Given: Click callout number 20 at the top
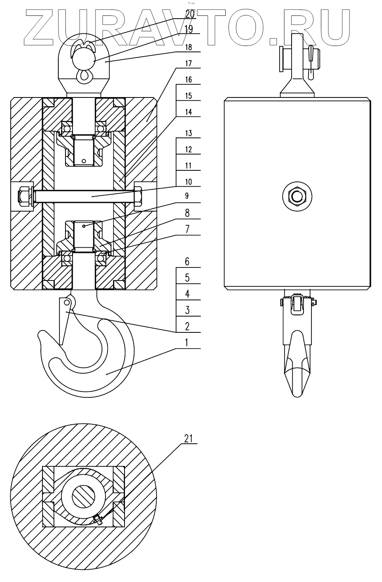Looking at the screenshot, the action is pos(190,14).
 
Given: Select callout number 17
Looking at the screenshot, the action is pos(188,63).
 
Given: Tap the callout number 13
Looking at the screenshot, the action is pos(188,133).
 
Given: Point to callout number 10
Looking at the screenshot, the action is pos(188,182).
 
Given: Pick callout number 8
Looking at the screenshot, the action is pos(187,213).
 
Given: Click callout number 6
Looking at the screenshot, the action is pos(187,261).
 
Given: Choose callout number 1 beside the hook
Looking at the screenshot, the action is pos(186,343).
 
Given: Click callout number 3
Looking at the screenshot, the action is pos(187,310).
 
